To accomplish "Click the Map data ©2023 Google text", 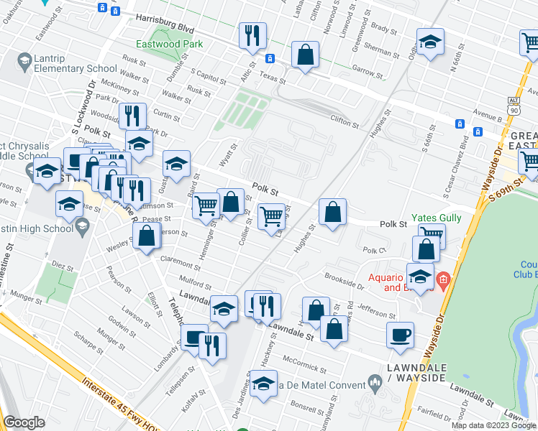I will [x=493, y=425].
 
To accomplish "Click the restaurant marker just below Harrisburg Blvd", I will [x=252, y=36].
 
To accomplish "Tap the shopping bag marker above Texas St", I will [x=305, y=56].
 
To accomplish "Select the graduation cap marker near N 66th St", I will [x=429, y=42].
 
